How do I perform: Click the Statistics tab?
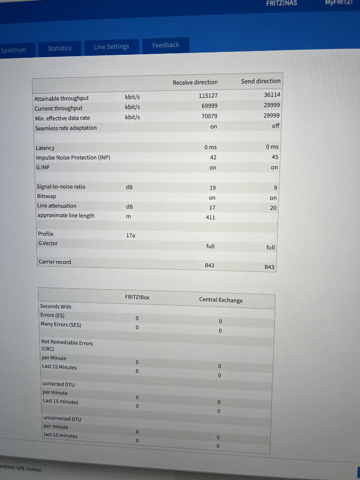pyautogui.click(x=60, y=48)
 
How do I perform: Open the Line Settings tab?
pyautogui.click(x=111, y=46)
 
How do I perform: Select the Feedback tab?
pyautogui.click(x=165, y=45)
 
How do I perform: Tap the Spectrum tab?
pyautogui.click(x=14, y=50)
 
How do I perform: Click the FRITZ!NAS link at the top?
pyautogui.click(x=281, y=3)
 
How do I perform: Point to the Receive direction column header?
pyautogui.click(x=195, y=82)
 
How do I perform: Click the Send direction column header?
pyautogui.click(x=261, y=81)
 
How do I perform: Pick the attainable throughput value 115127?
pyautogui.click(x=208, y=95)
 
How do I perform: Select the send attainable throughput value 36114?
pyautogui.click(x=272, y=94)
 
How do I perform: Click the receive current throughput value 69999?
pyautogui.click(x=209, y=105)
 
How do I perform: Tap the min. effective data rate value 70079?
pyautogui.click(x=209, y=116)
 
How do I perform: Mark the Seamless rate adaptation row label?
pyautogui.click(x=66, y=128)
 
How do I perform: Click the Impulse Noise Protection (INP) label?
pyautogui.click(x=73, y=157)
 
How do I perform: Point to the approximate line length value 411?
pyautogui.click(x=210, y=217)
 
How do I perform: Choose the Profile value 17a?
pyautogui.click(x=130, y=235)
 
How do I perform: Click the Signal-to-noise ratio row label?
pyautogui.click(x=61, y=187)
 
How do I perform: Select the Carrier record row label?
pyautogui.click(x=55, y=262)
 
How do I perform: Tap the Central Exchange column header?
pyautogui.click(x=221, y=300)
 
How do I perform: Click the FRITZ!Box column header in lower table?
pyautogui.click(x=137, y=297)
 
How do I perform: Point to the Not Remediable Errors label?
pyautogui.click(x=67, y=343)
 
